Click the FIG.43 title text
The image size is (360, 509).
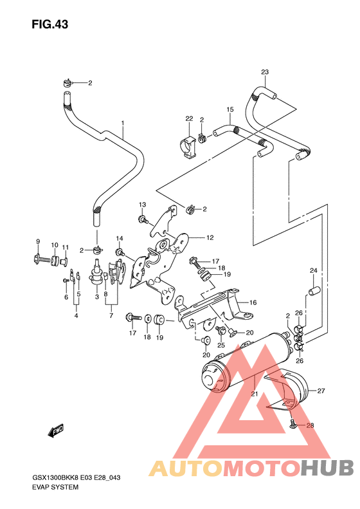coord(49,24)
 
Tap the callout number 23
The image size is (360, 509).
coord(264,71)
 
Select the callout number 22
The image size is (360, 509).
coord(189,118)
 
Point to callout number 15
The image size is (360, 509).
coord(229,110)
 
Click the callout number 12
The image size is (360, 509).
coord(210,237)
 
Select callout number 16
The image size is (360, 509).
coord(253,302)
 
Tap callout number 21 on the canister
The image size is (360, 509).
coord(255,394)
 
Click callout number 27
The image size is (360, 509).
coord(321,390)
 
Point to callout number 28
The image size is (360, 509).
coord(310,425)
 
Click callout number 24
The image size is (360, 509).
coord(314,270)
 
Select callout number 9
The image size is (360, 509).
coord(38,241)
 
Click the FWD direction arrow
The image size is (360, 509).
coord(57,429)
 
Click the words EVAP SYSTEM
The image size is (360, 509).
coord(55,487)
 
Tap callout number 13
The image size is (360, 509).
coord(142,204)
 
